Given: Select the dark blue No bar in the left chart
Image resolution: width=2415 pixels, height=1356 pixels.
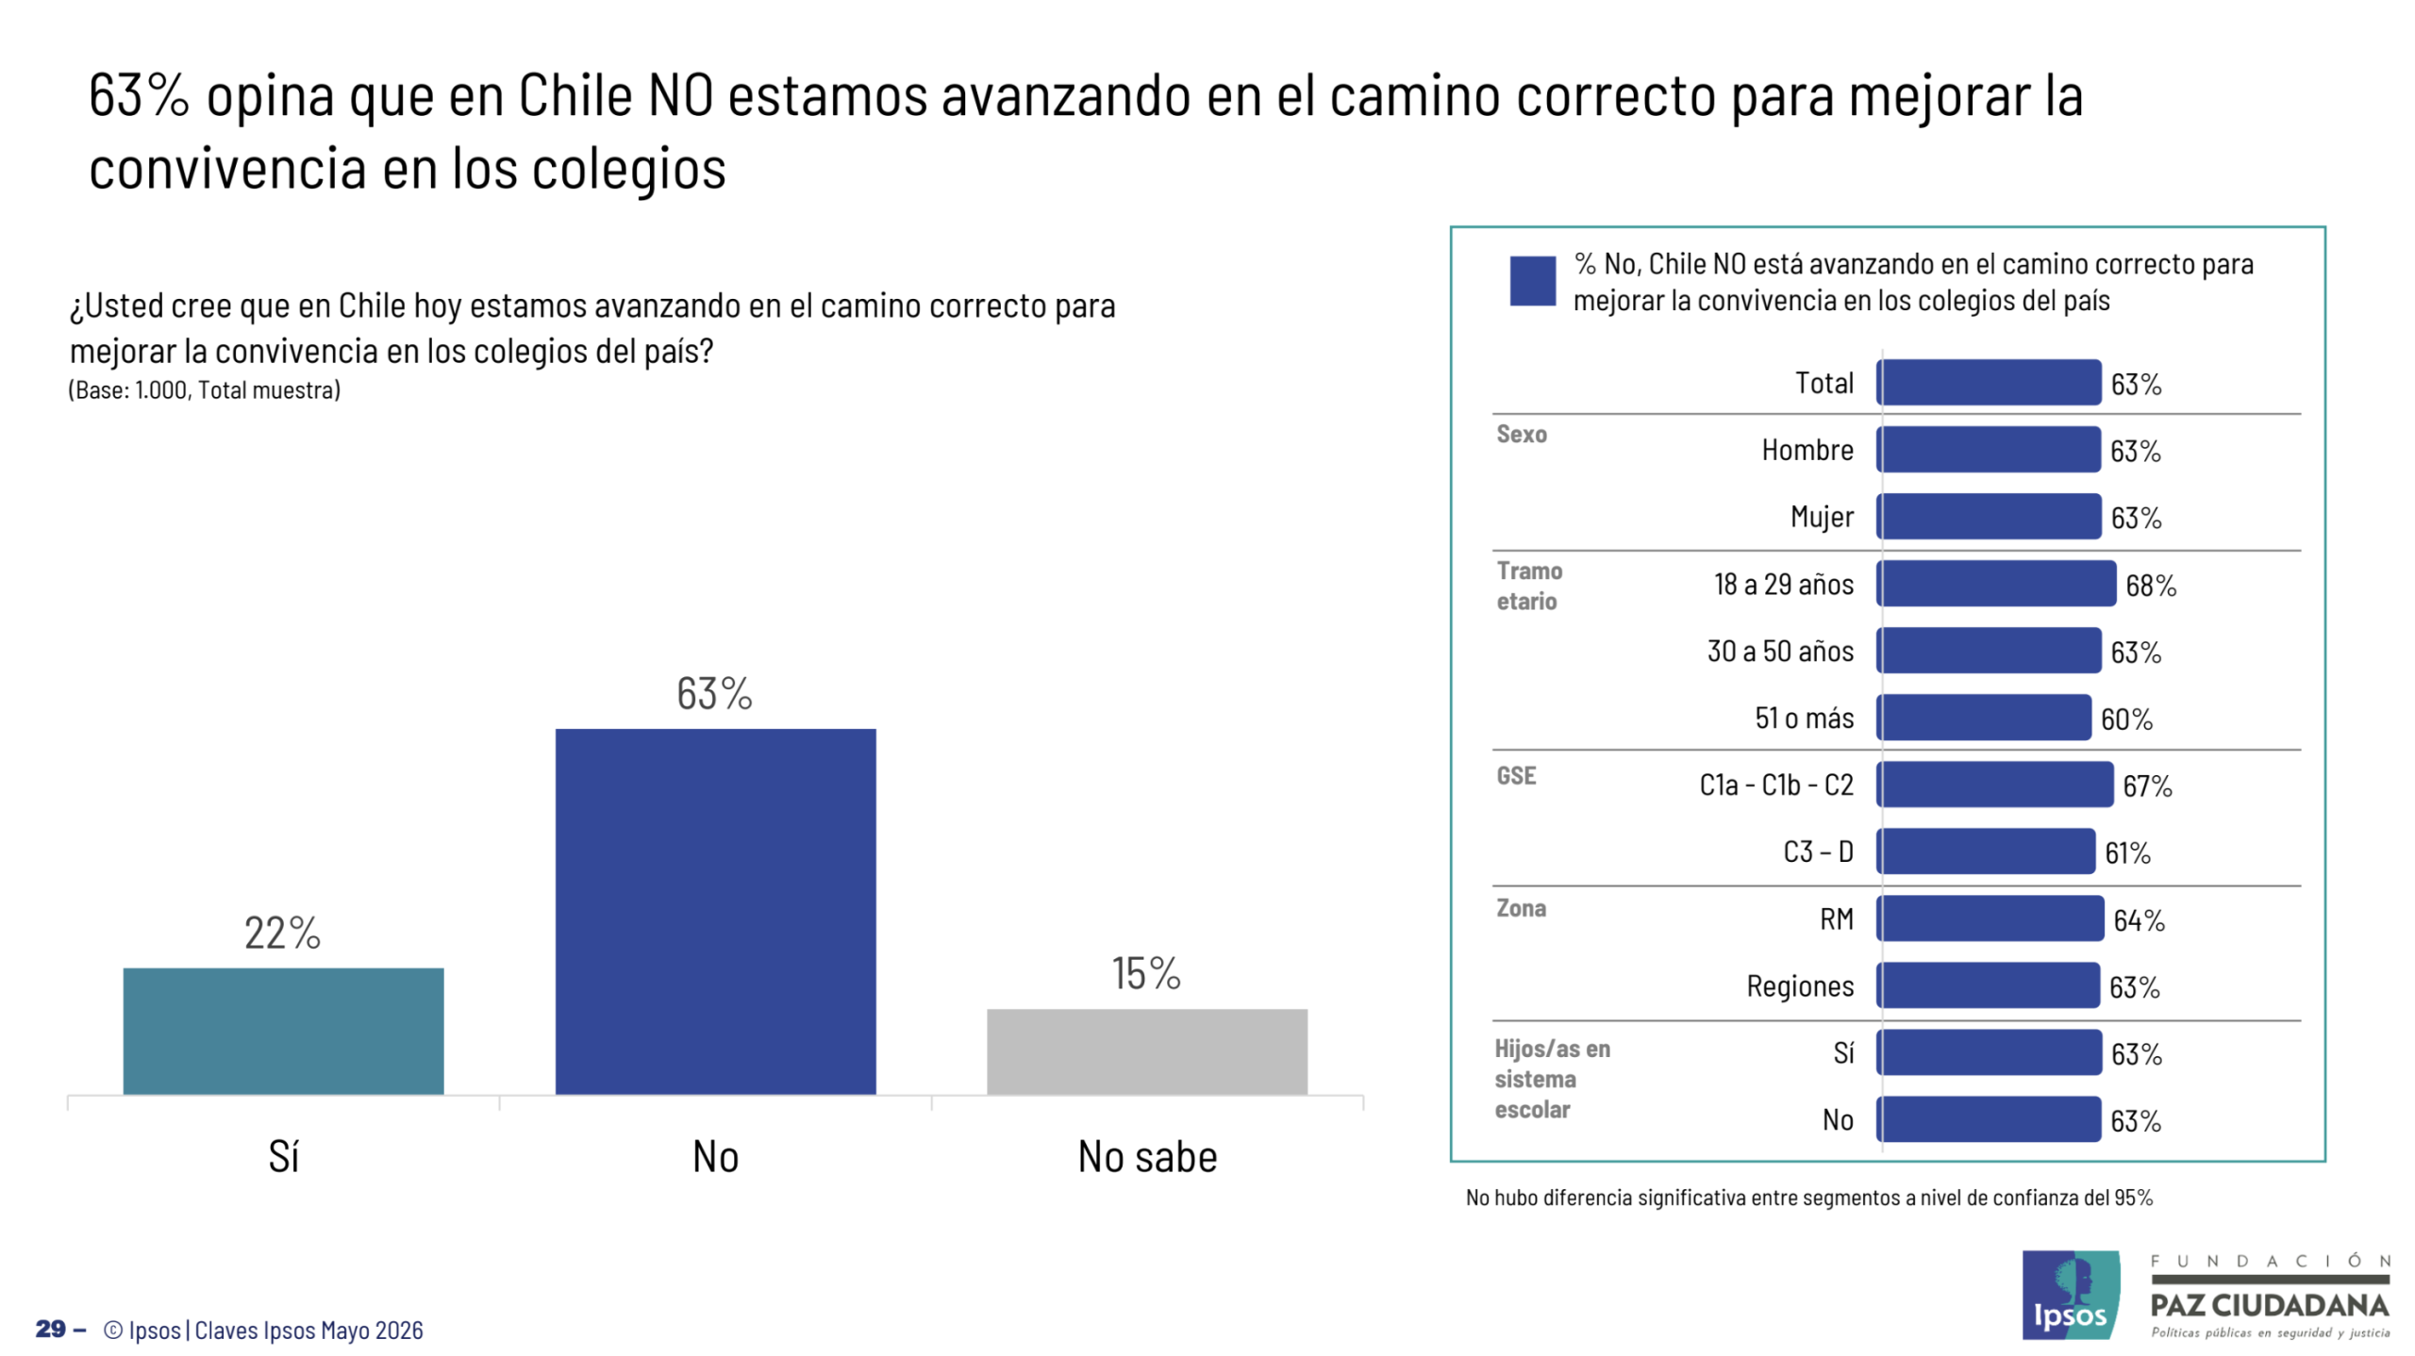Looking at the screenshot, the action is (x=715, y=911).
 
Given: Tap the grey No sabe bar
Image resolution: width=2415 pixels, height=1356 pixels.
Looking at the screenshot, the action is (x=1146, y=1050).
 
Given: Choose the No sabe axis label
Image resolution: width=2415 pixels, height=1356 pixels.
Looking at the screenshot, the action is (x=1147, y=1156).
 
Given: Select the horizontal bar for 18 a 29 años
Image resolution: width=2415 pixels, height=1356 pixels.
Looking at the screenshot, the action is (x=1995, y=583).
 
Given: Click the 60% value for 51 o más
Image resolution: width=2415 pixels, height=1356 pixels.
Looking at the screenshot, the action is (x=2125, y=719).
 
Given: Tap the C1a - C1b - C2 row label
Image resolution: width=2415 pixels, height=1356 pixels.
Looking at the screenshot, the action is (x=1775, y=785).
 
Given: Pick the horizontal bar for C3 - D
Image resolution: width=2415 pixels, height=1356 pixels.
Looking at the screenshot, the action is (x=1985, y=851).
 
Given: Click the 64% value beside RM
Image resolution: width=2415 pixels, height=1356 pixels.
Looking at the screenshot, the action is (x=2138, y=919).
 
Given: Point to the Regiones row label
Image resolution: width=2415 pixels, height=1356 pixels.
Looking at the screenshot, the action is (x=1799, y=985).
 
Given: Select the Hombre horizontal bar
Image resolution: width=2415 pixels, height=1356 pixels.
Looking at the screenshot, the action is (x=1988, y=449).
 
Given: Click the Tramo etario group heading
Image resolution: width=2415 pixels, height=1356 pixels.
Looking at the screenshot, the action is (x=1528, y=586).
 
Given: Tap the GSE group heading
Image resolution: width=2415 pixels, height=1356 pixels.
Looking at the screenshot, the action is (x=1515, y=775).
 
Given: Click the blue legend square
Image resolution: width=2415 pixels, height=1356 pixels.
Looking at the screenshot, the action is (x=1531, y=280).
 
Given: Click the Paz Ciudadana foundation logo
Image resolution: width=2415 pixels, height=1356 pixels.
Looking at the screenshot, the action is (x=2269, y=1296).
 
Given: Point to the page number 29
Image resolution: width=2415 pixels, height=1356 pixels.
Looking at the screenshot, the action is (x=51, y=1329).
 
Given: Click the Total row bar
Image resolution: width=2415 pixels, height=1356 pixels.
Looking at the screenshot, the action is (x=1988, y=382).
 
